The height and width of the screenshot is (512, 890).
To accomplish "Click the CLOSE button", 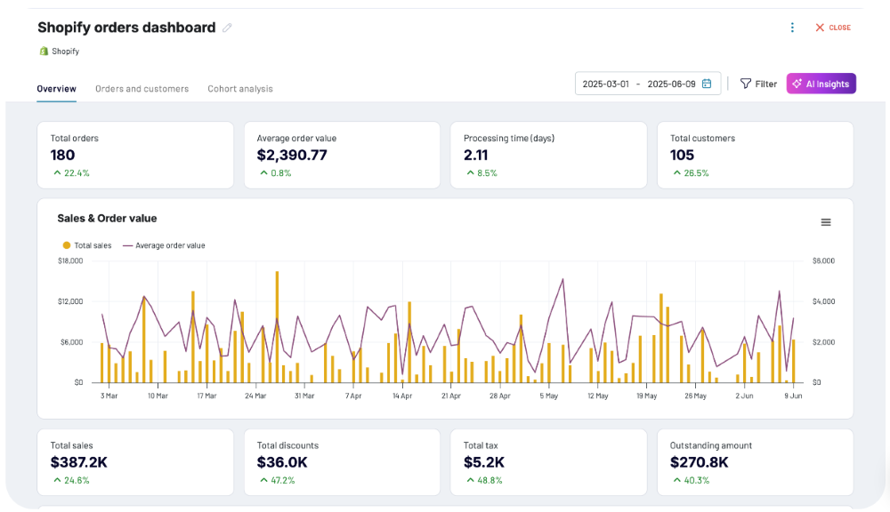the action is (x=833, y=28).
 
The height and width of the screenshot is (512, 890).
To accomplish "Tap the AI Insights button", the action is (x=821, y=84).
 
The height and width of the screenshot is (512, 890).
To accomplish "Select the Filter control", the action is (x=758, y=84).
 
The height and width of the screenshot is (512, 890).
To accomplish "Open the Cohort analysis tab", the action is (x=240, y=89).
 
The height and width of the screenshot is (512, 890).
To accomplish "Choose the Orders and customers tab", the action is (x=142, y=89).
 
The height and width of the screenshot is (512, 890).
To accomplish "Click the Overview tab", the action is (x=56, y=89).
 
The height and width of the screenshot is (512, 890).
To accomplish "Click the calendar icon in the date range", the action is (x=707, y=84).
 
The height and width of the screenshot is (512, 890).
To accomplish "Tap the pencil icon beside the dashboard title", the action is (x=227, y=28).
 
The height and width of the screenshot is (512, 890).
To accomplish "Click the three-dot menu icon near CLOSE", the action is (x=792, y=28).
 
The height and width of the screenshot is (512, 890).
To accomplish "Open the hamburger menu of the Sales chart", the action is (x=826, y=222).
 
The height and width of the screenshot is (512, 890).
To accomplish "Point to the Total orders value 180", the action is (x=62, y=155).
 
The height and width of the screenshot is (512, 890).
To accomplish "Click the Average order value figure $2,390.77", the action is (x=292, y=155).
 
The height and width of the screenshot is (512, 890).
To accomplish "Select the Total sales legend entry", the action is (x=87, y=245).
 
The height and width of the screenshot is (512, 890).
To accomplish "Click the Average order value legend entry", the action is (x=164, y=245).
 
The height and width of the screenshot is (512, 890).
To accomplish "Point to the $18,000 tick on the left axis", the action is (x=70, y=260).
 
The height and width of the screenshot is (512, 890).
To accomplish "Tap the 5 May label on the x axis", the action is (x=549, y=396).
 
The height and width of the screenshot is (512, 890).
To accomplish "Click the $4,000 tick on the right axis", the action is (x=823, y=301).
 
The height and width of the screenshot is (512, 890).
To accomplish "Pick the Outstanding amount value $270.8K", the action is (x=700, y=462).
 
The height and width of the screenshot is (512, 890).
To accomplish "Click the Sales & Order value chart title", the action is (x=108, y=219).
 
